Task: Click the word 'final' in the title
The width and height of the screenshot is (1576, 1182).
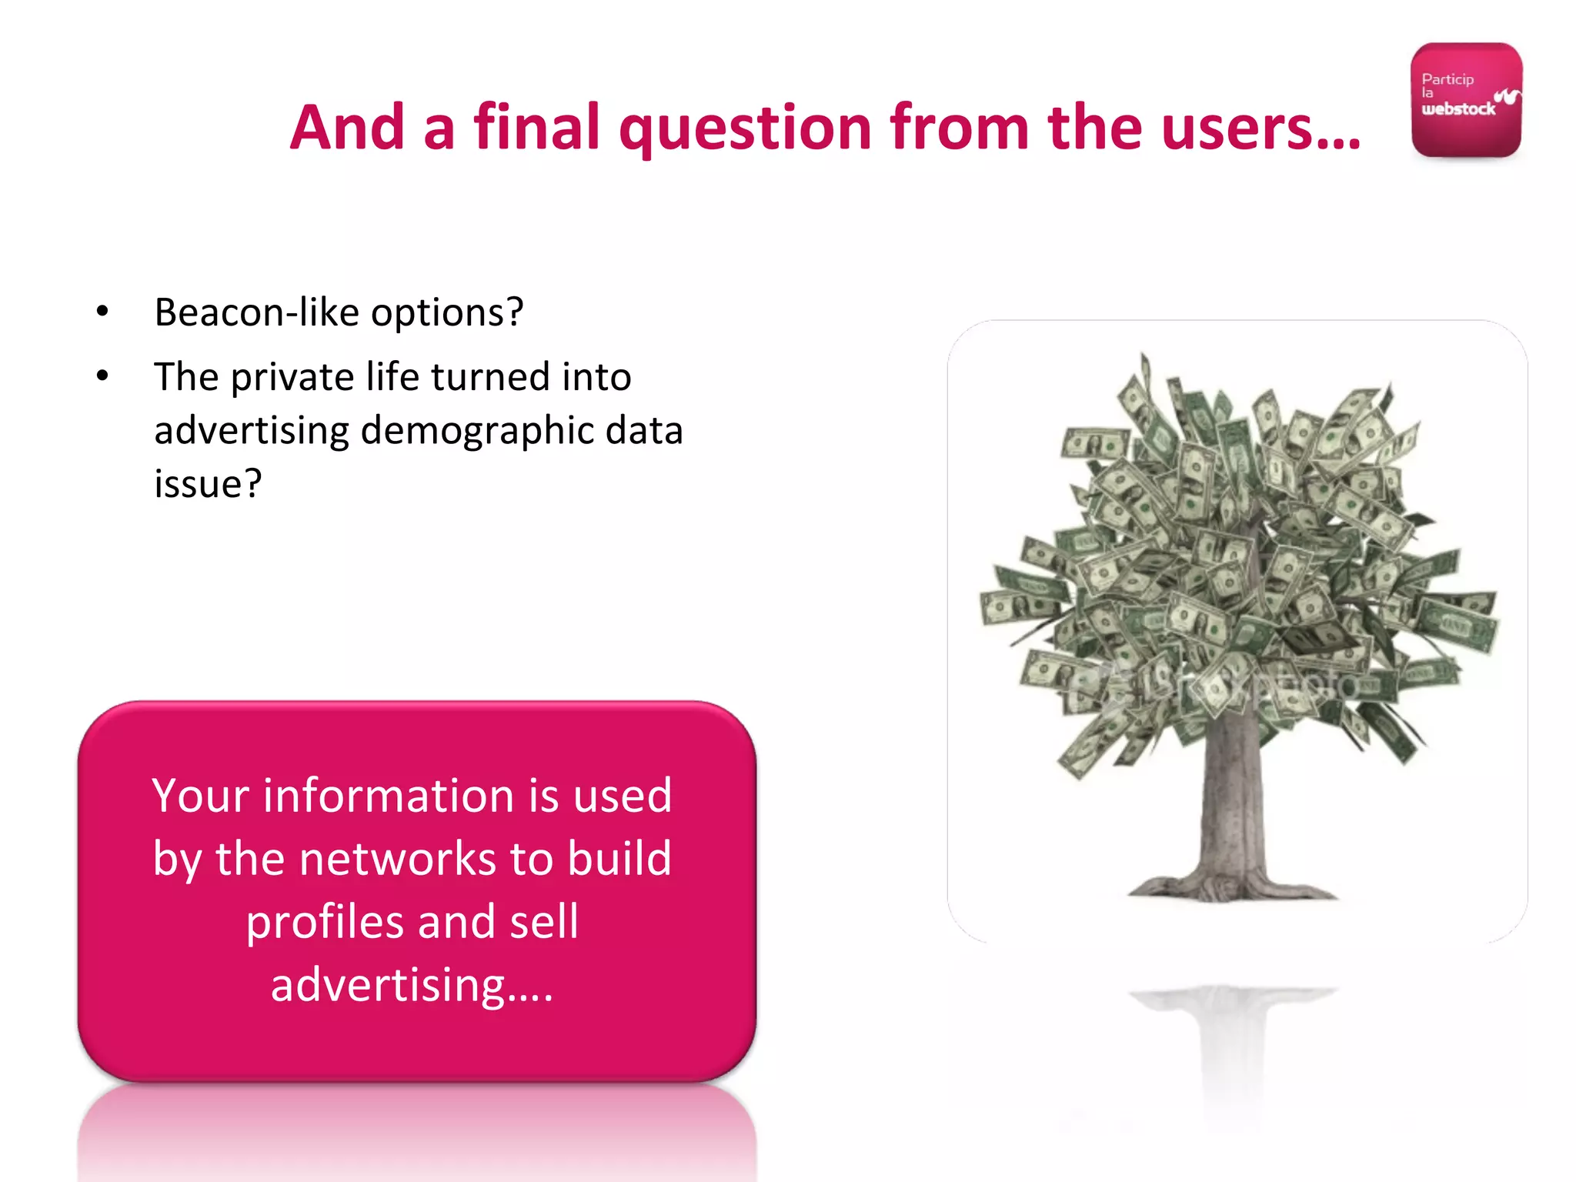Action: point(536,127)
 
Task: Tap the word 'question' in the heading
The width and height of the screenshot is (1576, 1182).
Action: point(744,129)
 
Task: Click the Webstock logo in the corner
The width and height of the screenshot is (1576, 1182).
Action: point(1466,100)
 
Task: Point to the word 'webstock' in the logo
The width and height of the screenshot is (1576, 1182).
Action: point(1458,109)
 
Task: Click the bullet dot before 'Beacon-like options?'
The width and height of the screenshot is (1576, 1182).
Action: point(102,312)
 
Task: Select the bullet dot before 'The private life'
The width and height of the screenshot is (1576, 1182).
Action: point(102,376)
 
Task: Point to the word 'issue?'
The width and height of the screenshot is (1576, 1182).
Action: point(208,484)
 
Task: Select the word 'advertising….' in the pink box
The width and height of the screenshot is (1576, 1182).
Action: point(412,985)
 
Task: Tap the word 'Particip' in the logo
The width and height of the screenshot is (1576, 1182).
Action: point(1447,79)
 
